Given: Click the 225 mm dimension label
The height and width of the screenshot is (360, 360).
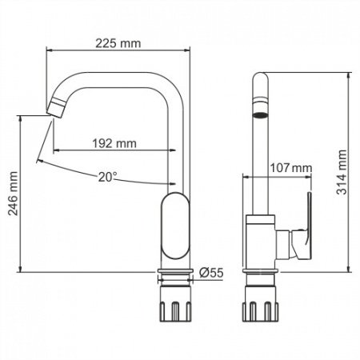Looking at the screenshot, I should coord(119,43).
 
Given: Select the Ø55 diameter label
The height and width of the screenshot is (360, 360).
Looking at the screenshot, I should coord(210,272).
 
